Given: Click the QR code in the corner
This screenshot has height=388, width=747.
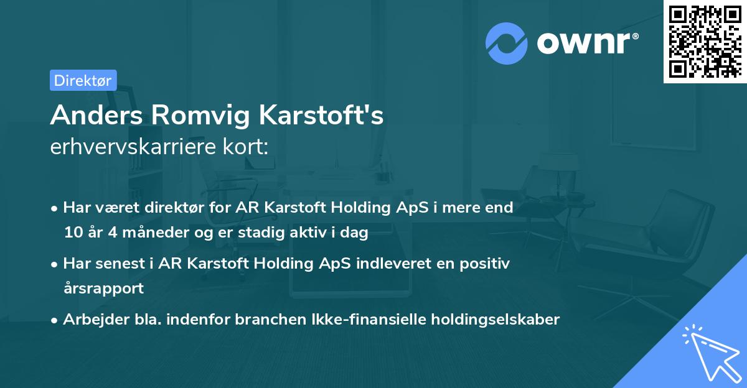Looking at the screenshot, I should (x=705, y=42).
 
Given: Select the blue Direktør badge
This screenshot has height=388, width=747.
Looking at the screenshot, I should (x=83, y=80).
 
